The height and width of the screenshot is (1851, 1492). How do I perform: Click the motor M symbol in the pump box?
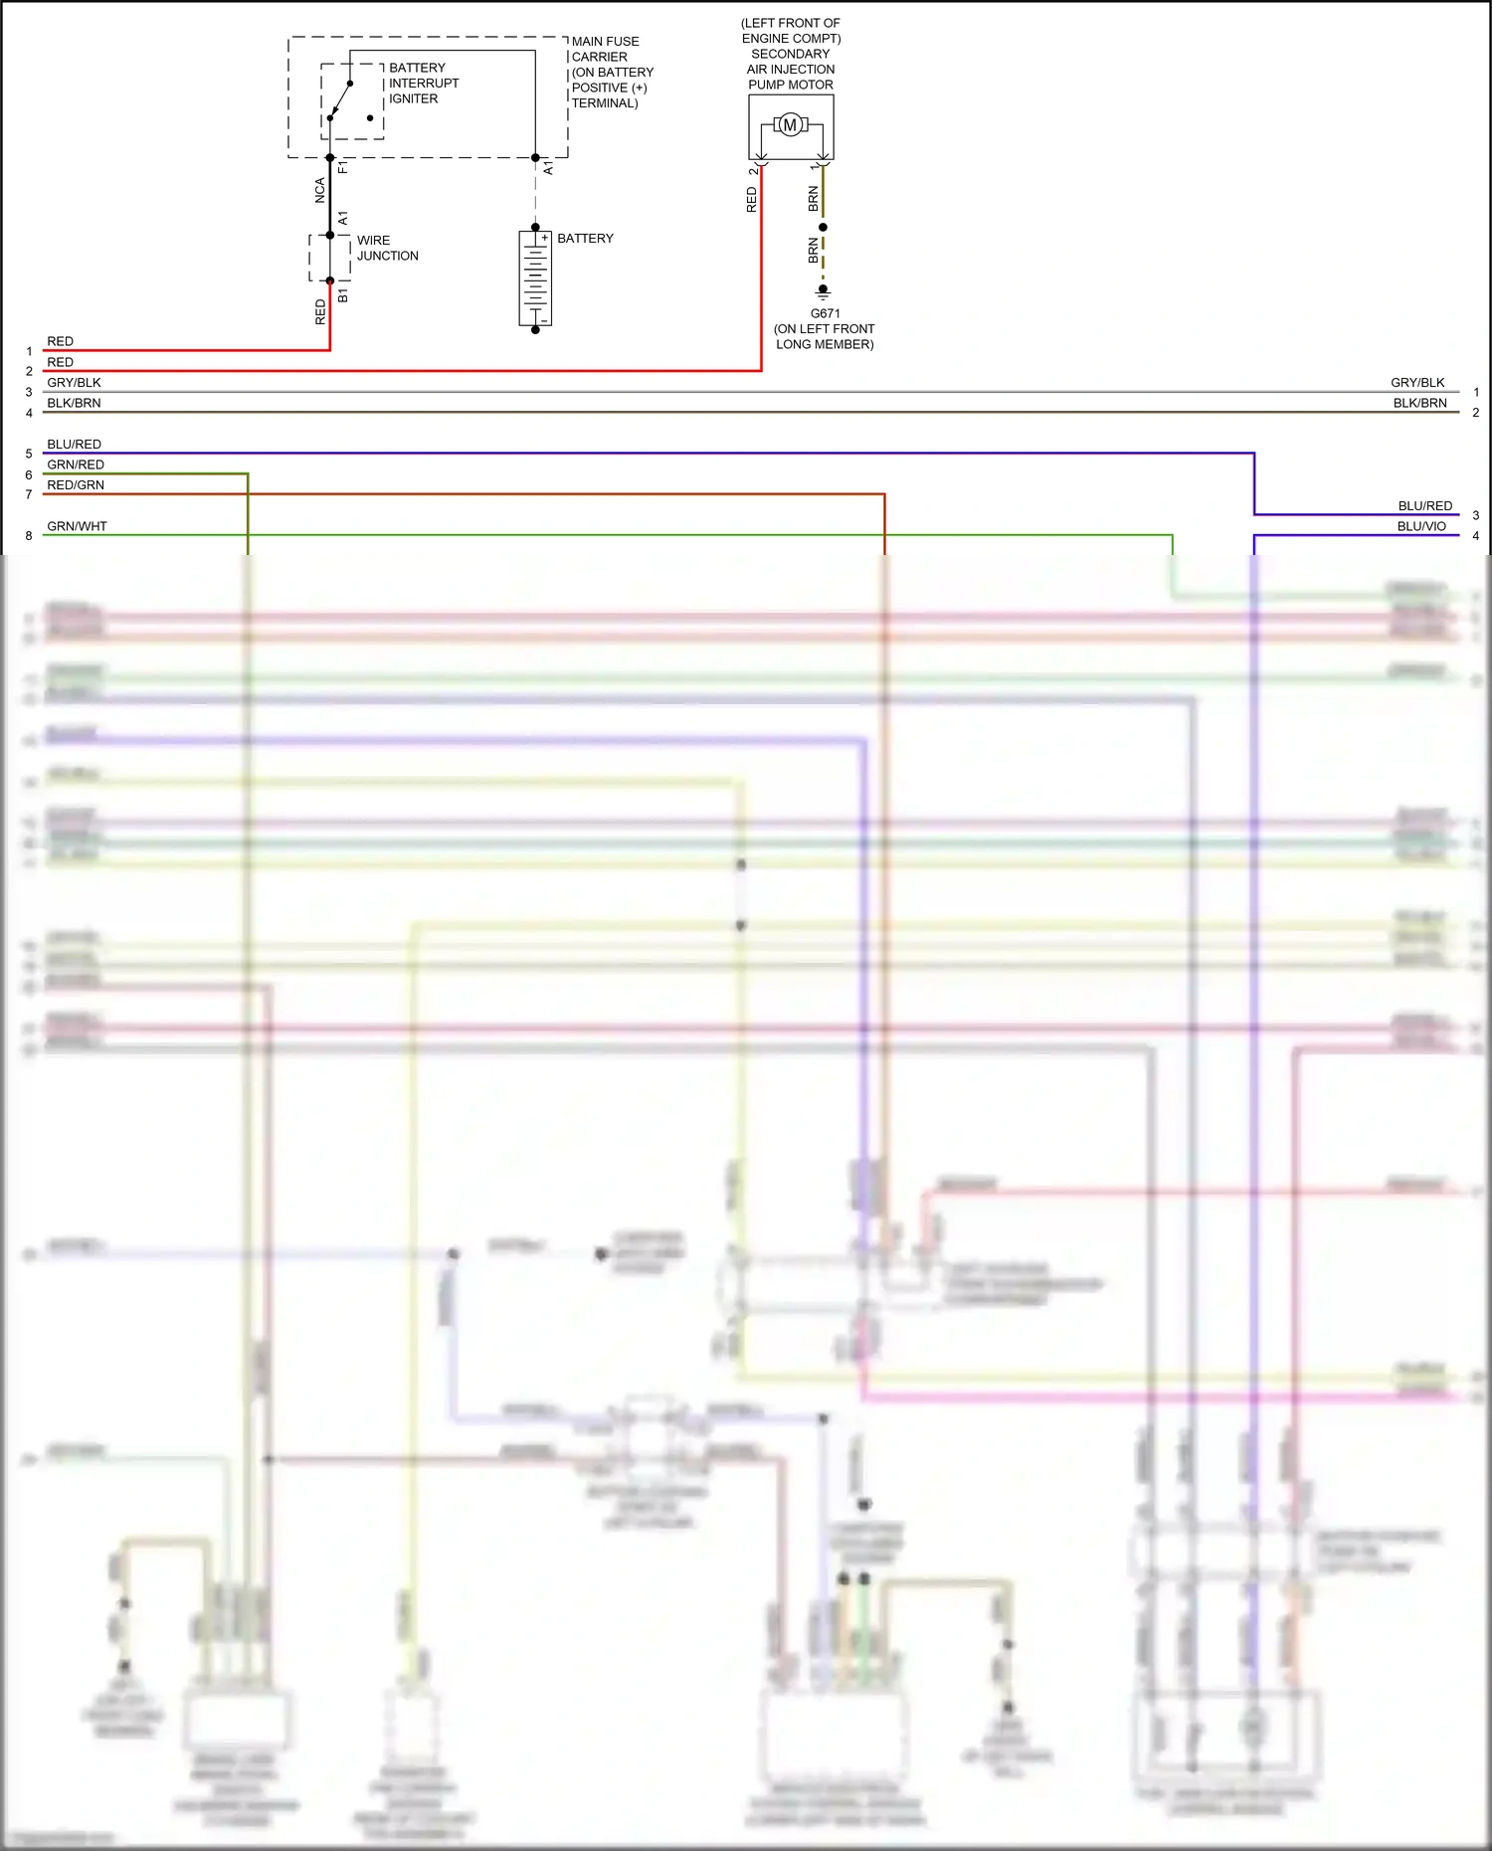click(790, 125)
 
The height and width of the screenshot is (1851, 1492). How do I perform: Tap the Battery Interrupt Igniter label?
click(423, 84)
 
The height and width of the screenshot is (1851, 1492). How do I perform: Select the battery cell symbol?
click(535, 278)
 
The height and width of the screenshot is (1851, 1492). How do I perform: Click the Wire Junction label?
click(387, 248)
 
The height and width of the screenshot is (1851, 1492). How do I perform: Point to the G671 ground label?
click(825, 313)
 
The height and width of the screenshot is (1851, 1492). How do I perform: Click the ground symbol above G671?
click(823, 292)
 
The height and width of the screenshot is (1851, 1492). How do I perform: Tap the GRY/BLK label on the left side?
click(74, 383)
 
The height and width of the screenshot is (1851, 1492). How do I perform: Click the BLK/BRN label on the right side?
click(1419, 403)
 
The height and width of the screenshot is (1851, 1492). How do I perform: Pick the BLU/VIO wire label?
click(1421, 526)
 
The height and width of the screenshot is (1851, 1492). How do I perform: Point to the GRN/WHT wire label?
click(77, 526)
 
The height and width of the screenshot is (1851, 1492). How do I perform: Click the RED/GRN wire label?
click(76, 485)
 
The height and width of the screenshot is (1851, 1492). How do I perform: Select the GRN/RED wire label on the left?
click(76, 464)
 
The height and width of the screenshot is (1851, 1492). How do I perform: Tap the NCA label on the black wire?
click(320, 191)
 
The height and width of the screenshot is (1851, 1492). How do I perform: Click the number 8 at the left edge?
click(29, 536)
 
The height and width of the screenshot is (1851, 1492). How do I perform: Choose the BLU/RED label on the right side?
click(1424, 506)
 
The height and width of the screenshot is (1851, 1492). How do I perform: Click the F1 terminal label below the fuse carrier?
click(343, 167)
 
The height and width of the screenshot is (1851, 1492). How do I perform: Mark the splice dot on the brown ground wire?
click(823, 228)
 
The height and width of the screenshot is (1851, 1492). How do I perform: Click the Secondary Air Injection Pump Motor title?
click(791, 54)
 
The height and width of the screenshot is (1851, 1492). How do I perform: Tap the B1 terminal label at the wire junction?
click(343, 296)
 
